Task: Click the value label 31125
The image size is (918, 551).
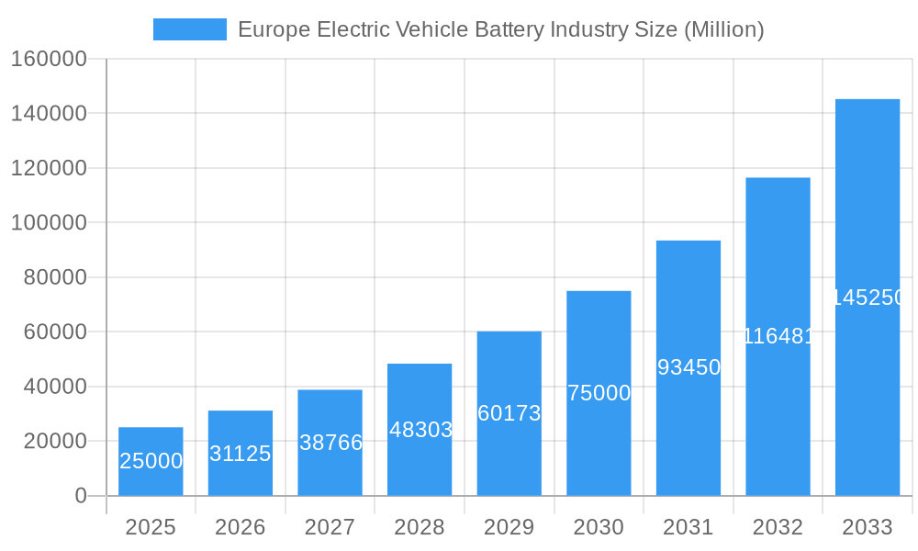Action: pyautogui.click(x=240, y=454)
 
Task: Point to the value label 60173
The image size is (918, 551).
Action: pyautogui.click(x=509, y=413)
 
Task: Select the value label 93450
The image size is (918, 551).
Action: pyautogui.click(x=688, y=367)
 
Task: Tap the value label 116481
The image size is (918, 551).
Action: pyautogui.click(x=778, y=336)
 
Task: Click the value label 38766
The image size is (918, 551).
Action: pyautogui.click(x=330, y=443)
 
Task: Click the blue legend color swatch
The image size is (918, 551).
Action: pyautogui.click(x=189, y=29)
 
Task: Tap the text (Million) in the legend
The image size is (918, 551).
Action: pyautogui.click(x=724, y=29)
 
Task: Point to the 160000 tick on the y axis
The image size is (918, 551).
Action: pyautogui.click(x=48, y=59)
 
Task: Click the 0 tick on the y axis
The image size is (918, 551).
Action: pyautogui.click(x=80, y=496)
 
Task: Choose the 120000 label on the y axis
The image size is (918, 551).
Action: pyautogui.click(x=48, y=168)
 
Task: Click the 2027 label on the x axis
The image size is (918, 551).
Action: pyautogui.click(x=330, y=527)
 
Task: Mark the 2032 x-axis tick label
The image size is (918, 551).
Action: pyautogui.click(x=778, y=527)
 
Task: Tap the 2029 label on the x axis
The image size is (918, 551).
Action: pyautogui.click(x=509, y=527)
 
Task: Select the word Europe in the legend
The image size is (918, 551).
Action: pyautogui.click(x=274, y=29)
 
